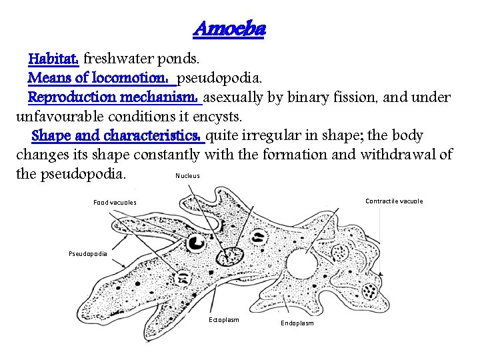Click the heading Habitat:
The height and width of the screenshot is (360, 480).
pos(53,59)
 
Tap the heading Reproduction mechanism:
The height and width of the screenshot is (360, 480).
pos(114,97)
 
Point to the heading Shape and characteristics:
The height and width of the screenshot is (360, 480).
pos(117,136)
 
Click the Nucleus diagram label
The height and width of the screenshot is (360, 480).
pos(187,176)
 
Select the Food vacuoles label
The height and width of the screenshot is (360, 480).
pos(115,202)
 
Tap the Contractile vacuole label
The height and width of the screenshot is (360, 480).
pos(394,201)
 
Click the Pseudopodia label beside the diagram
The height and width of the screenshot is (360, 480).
pos(88,254)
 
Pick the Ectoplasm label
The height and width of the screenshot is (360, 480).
pos(223,320)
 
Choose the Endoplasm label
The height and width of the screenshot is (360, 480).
pos(297,323)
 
